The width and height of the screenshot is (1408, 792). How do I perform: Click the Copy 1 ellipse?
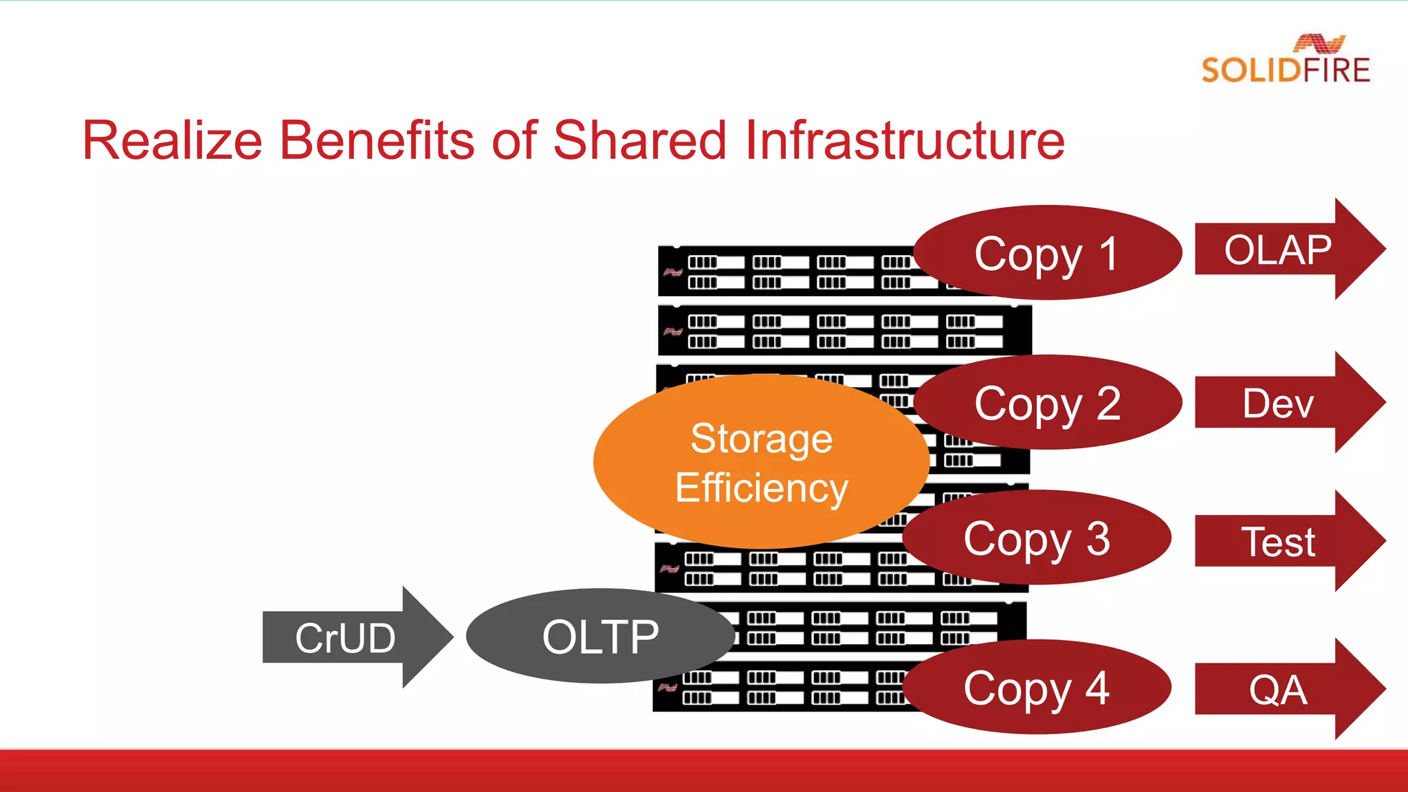tap(1046, 253)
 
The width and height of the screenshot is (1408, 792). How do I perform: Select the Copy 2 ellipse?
tap(1046, 403)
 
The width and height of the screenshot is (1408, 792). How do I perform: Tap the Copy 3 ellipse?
tap(1036, 538)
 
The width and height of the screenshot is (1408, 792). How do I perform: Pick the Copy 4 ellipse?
tap(1036, 687)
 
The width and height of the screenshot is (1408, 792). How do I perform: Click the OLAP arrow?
tap(1279, 250)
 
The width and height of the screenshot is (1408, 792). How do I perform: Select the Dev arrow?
tap(1279, 403)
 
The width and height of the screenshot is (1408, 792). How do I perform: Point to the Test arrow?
tap(1279, 542)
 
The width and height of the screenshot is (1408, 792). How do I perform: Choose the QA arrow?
tap(1279, 690)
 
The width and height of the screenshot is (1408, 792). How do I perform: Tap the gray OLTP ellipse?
tap(599, 637)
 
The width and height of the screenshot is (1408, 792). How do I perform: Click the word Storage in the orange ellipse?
tap(761, 439)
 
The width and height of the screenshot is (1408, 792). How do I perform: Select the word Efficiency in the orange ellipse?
tap(761, 488)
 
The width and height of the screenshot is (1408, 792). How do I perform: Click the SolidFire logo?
tap(1286, 60)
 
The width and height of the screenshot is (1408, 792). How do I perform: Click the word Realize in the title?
tap(172, 141)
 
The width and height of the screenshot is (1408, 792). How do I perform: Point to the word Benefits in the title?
tap(377, 141)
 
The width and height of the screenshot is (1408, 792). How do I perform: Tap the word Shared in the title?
tap(639, 141)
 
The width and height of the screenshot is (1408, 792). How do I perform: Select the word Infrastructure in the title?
tap(905, 141)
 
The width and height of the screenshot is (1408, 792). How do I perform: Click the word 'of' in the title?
tap(513, 141)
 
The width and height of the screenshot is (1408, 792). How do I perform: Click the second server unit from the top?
tap(844, 331)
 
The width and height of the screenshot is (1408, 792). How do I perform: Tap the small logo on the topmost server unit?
tap(672, 272)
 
